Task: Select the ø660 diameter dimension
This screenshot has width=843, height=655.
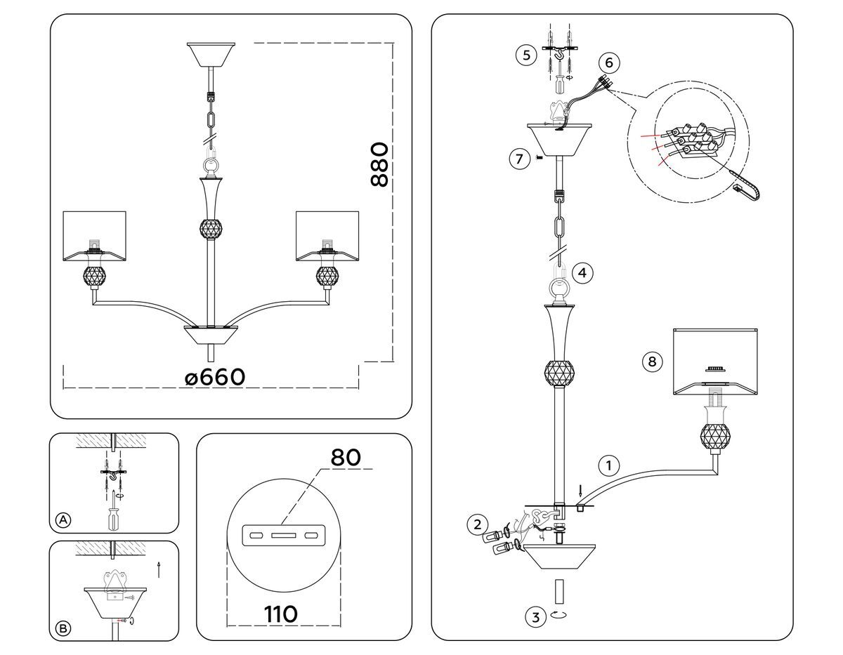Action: pos(215,377)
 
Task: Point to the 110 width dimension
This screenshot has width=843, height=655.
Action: pos(280,614)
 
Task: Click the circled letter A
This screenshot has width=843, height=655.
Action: pos(63,520)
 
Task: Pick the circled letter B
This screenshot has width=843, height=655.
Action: pos(63,628)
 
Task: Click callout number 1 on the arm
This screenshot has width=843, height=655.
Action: pos(609,465)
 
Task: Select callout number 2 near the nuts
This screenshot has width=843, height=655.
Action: pos(478,524)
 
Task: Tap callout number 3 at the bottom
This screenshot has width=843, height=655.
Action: pos(535,618)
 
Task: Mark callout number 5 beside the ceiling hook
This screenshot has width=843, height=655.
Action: pos(526,55)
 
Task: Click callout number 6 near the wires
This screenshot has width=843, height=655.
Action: pos(608,62)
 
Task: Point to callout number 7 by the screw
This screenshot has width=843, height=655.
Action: pos(518,159)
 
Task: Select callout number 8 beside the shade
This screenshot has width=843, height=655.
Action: pos(652,362)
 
